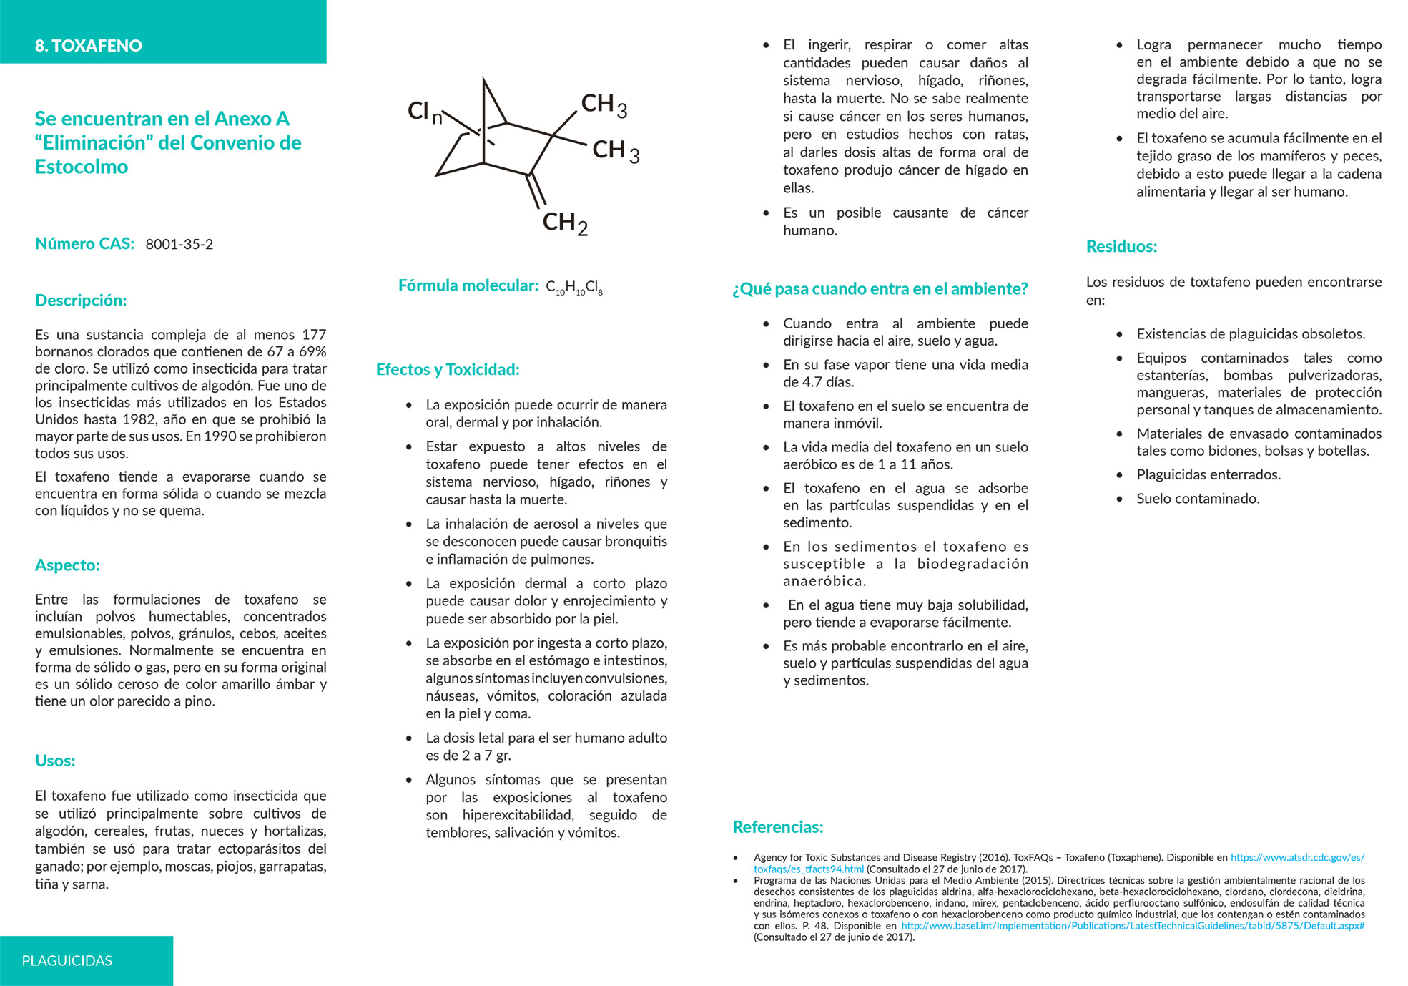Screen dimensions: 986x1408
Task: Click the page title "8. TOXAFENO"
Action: [88, 46]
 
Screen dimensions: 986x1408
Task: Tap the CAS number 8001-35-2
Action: [179, 244]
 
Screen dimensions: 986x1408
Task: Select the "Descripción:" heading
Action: [81, 301]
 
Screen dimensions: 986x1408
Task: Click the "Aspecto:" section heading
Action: [67, 565]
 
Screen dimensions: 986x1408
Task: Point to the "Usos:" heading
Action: [55, 761]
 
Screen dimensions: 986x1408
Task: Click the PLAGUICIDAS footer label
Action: [67, 960]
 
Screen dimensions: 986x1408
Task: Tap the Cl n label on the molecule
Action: [425, 112]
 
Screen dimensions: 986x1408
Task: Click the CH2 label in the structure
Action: [564, 223]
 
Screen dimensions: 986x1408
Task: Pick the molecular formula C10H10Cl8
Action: [573, 288]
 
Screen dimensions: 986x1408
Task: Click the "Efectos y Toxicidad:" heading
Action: [448, 370]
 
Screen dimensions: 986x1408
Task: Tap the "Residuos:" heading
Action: [1121, 247]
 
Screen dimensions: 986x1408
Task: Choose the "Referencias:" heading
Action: [778, 827]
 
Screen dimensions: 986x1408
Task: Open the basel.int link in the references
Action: [1132, 926]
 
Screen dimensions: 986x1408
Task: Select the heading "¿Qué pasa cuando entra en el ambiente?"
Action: [880, 289]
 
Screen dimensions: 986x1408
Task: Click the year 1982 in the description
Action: [139, 419]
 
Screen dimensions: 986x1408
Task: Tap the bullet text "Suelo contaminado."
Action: [1198, 499]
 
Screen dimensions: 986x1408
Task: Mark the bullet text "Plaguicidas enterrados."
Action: [1208, 475]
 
